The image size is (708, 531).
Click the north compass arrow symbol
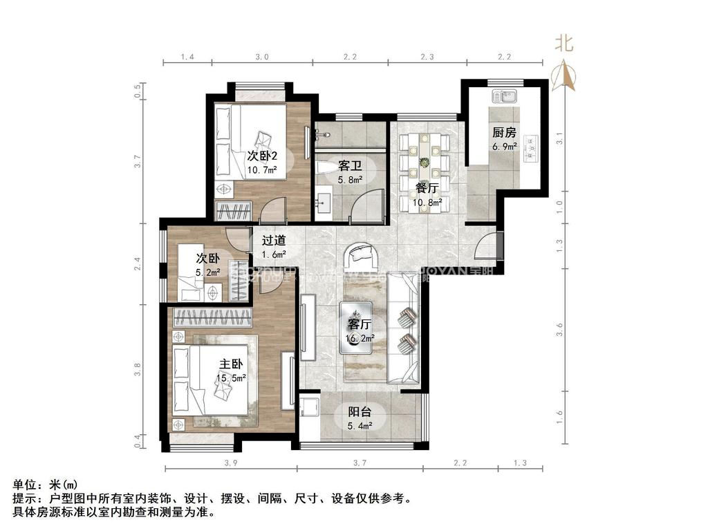tap(565, 75)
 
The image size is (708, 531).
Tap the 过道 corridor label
tap(274, 241)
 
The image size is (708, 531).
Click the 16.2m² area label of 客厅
tap(360, 338)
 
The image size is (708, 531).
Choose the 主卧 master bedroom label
tap(231, 364)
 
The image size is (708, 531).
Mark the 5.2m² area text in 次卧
tap(209, 273)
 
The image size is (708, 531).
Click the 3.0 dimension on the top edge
tap(261, 57)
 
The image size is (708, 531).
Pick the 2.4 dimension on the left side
tap(138, 263)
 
